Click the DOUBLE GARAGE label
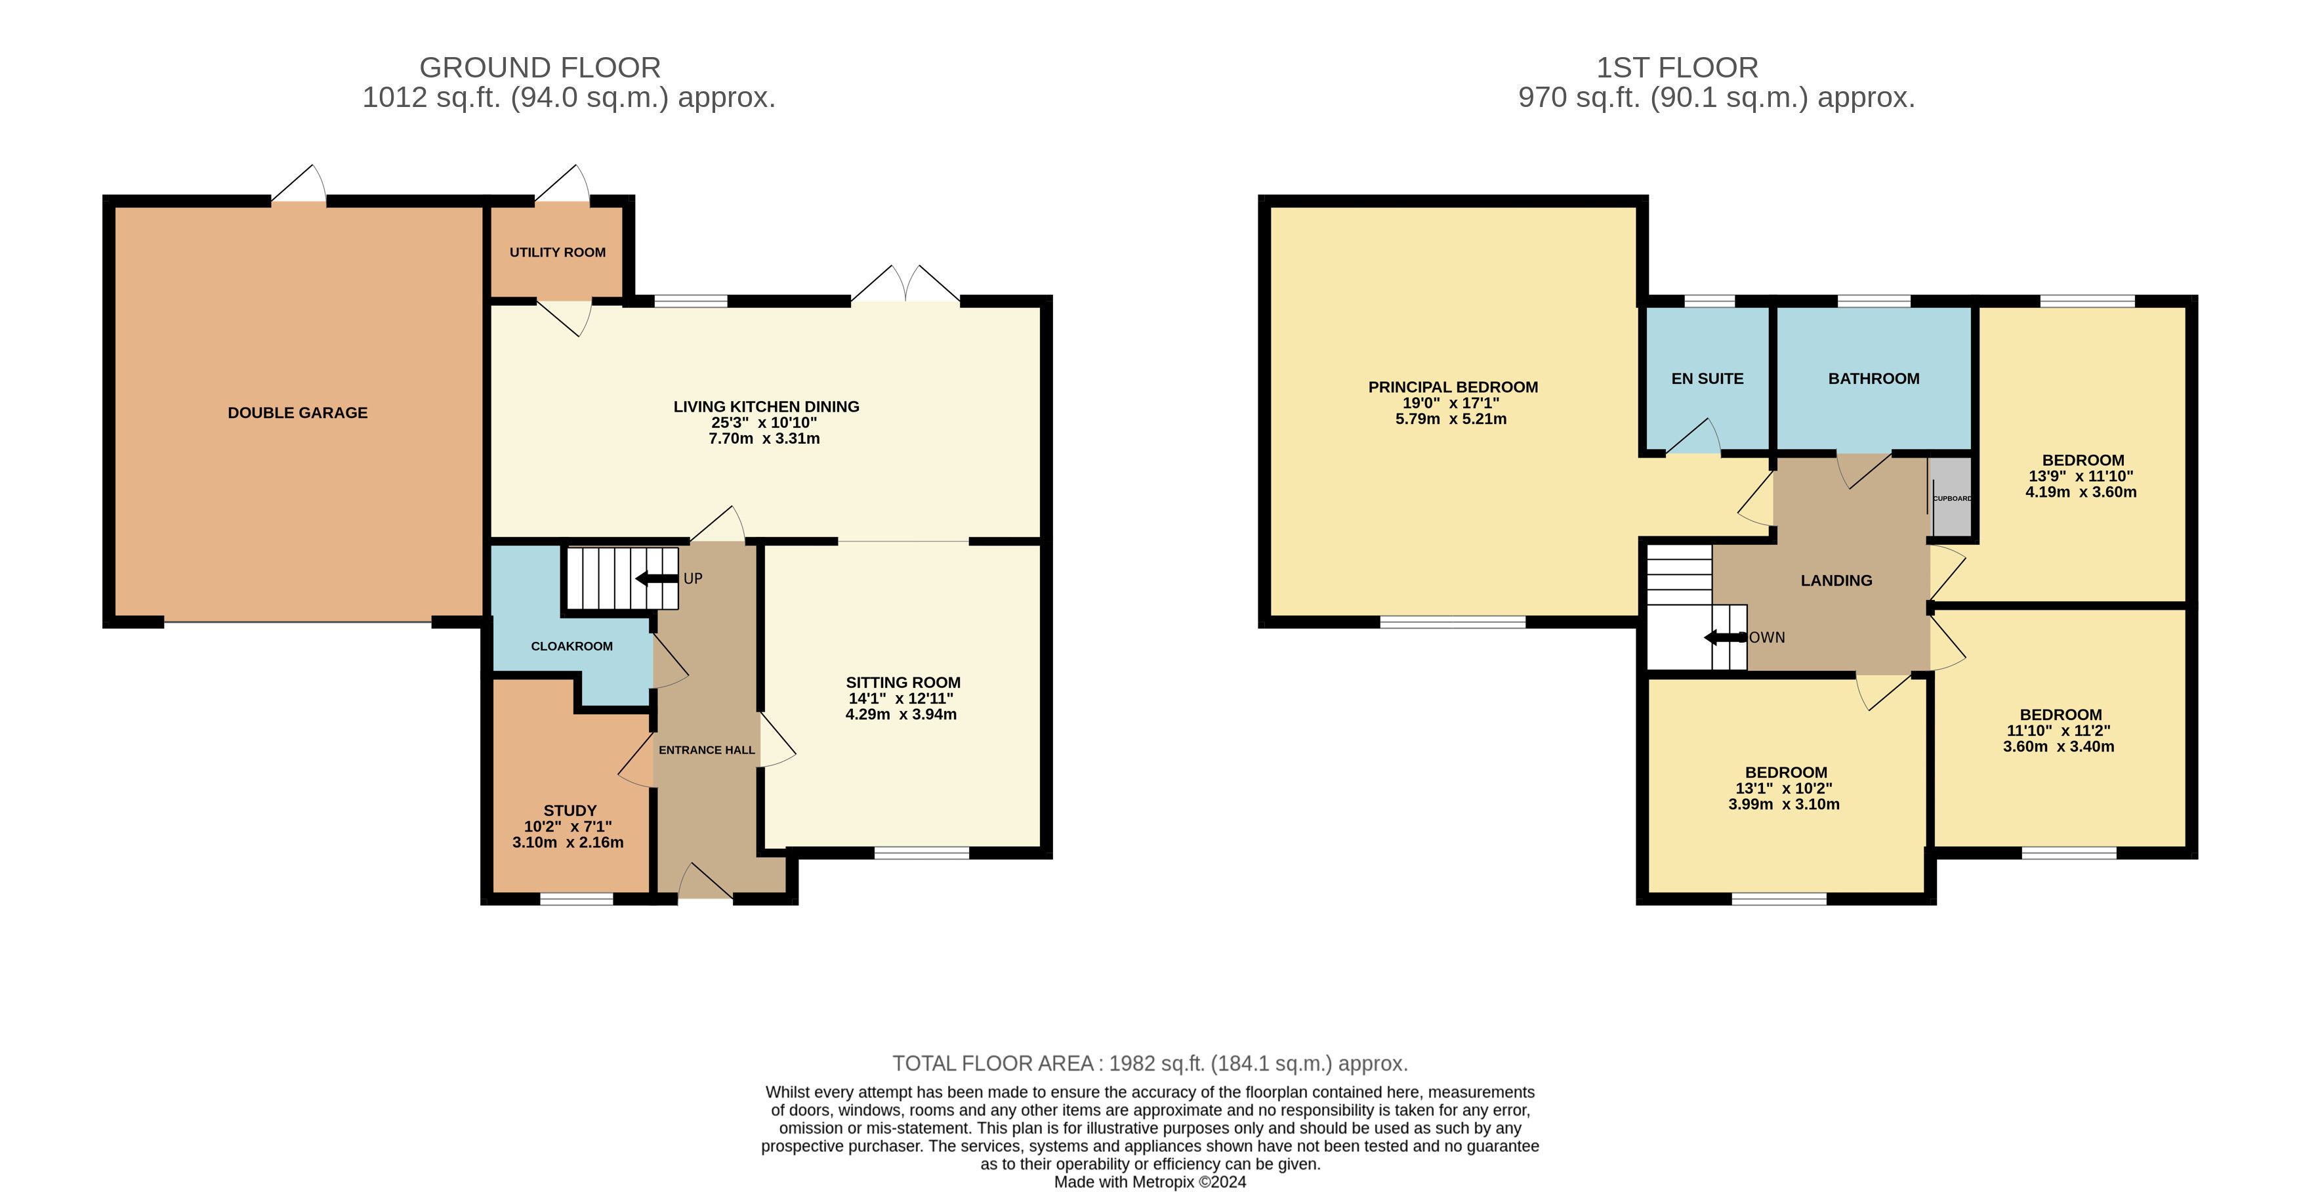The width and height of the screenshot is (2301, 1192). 297,413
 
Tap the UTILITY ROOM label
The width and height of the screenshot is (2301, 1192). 558,253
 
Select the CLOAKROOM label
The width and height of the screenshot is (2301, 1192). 571,646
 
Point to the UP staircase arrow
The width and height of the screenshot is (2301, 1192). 657,578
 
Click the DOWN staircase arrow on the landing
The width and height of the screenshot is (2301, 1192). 1724,637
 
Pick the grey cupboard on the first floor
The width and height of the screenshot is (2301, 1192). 1951,498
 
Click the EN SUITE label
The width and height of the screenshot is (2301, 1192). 1707,379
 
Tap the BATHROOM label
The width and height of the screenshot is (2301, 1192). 1873,379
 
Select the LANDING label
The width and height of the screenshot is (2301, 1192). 1836,581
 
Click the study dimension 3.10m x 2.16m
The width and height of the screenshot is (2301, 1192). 568,843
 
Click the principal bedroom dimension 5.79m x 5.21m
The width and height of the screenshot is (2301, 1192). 1451,419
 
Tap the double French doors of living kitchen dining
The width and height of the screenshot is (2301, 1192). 905,286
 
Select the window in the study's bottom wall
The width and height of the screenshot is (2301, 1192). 576,899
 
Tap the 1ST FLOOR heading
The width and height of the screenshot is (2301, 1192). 1676,68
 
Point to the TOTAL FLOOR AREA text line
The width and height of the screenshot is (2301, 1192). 1150,1063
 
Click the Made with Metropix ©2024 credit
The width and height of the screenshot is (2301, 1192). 1150,1182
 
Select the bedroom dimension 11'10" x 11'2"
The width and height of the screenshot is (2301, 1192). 2058,731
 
